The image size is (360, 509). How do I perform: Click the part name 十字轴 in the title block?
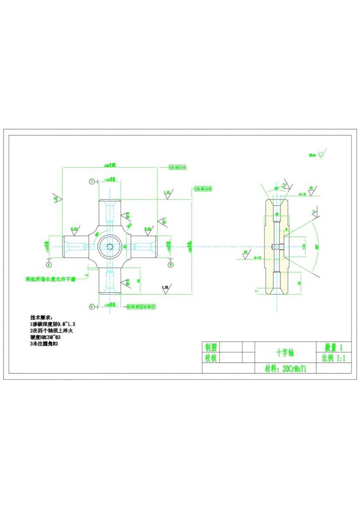click(285, 352)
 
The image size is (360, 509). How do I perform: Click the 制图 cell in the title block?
click(211, 347)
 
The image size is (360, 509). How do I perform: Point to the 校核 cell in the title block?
click(211, 358)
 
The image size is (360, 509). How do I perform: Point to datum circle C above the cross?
click(91, 181)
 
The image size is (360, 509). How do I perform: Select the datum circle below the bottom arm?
click(91, 307)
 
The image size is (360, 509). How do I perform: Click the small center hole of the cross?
click(109, 246)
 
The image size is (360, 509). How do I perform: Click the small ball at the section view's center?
click(276, 247)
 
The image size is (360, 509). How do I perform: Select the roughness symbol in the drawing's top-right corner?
click(322, 155)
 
